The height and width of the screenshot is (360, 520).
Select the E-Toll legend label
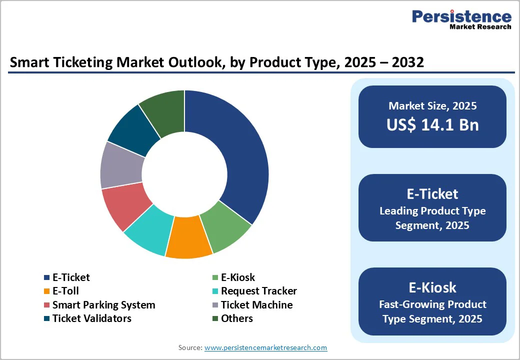(x=65, y=291)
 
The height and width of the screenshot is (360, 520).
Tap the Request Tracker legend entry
(x=258, y=291)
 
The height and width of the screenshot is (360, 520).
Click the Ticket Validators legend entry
(x=91, y=318)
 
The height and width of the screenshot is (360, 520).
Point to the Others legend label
(x=236, y=318)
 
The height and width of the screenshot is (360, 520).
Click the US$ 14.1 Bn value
(x=432, y=125)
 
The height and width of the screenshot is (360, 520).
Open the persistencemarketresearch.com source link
(x=265, y=347)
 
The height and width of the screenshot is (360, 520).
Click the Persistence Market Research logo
(x=461, y=20)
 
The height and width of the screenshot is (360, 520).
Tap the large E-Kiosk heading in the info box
(x=432, y=287)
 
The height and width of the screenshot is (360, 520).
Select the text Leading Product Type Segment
(x=432, y=218)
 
